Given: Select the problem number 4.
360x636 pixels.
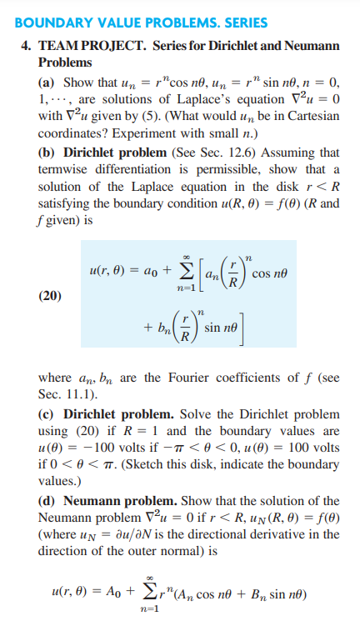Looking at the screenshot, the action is click(25, 48).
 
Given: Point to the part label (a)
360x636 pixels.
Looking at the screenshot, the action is click(47, 84).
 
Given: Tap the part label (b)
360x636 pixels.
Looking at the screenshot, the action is click(47, 153).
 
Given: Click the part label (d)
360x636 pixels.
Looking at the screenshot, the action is click(47, 501).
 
